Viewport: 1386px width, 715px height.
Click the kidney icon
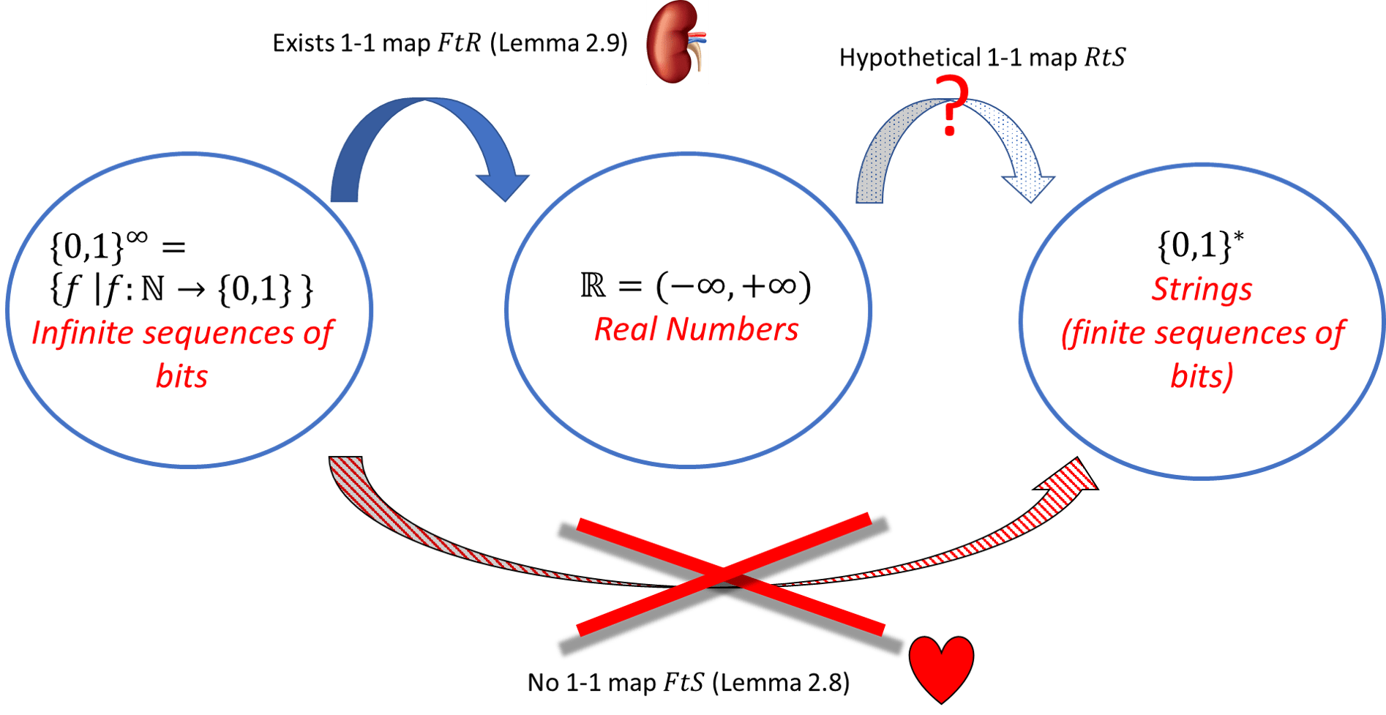pyautogui.click(x=676, y=42)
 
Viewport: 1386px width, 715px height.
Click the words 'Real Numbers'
pyautogui.click(x=695, y=329)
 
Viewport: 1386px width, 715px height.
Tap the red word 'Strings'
pyautogui.click(x=1201, y=289)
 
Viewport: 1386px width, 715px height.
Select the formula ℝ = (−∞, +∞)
pyautogui.click(x=695, y=285)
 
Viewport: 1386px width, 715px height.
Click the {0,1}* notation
pyautogui.click(x=1200, y=246)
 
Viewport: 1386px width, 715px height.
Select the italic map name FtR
pyautogui.click(x=459, y=43)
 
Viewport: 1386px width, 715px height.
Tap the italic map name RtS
pyautogui.click(x=1104, y=58)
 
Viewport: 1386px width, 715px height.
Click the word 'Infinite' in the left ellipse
pyautogui.click(x=82, y=334)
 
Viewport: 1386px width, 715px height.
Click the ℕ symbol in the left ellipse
pyautogui.click(x=152, y=290)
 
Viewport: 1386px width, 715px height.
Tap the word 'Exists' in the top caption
pyautogui.click(x=303, y=43)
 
